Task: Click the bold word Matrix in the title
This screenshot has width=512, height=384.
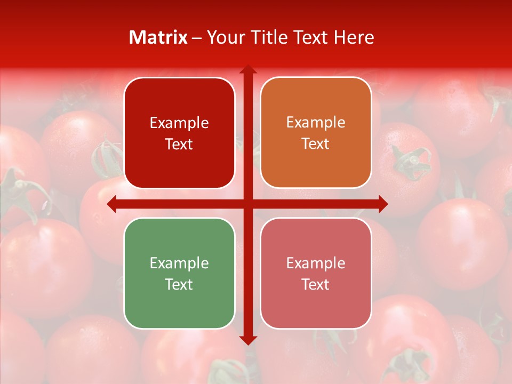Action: pyautogui.click(x=158, y=37)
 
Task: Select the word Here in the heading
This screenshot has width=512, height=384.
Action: pyautogui.click(x=354, y=37)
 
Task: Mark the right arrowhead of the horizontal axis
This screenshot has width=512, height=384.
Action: pyautogui.click(x=383, y=204)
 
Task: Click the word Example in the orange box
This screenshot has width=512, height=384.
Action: pyautogui.click(x=316, y=123)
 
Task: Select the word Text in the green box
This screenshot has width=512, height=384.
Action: pyautogui.click(x=179, y=285)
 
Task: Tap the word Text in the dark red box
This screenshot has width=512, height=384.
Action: pyautogui.click(x=179, y=145)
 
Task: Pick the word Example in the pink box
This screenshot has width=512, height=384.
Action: pyautogui.click(x=316, y=263)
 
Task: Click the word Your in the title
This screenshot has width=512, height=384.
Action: pyautogui.click(x=225, y=37)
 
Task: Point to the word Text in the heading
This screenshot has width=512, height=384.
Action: pyautogui.click(x=311, y=37)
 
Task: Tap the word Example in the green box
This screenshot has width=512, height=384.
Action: pyautogui.click(x=179, y=263)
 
